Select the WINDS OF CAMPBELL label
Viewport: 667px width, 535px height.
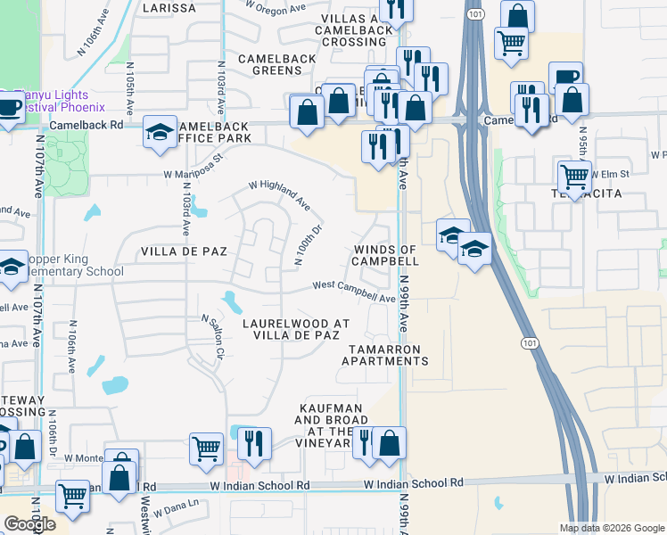coord(385,255)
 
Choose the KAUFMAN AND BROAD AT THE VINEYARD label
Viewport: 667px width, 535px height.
coord(328,424)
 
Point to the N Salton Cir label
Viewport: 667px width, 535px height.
coord(211,336)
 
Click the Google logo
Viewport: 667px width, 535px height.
coord(30,523)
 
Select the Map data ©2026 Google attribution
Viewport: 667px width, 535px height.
coord(611,528)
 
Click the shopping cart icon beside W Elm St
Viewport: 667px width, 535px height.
coord(574,176)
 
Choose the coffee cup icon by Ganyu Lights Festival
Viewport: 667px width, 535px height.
coord(9,109)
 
